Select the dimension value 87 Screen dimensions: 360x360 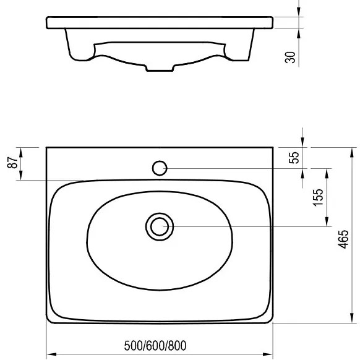click(x=11, y=164)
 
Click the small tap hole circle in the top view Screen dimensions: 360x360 click(x=160, y=167)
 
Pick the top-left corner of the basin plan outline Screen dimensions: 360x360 click(x=48, y=147)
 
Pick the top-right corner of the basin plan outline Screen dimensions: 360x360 click(x=272, y=147)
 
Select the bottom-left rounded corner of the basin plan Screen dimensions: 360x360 click(x=50, y=320)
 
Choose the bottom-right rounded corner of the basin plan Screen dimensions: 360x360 click(x=270, y=320)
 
